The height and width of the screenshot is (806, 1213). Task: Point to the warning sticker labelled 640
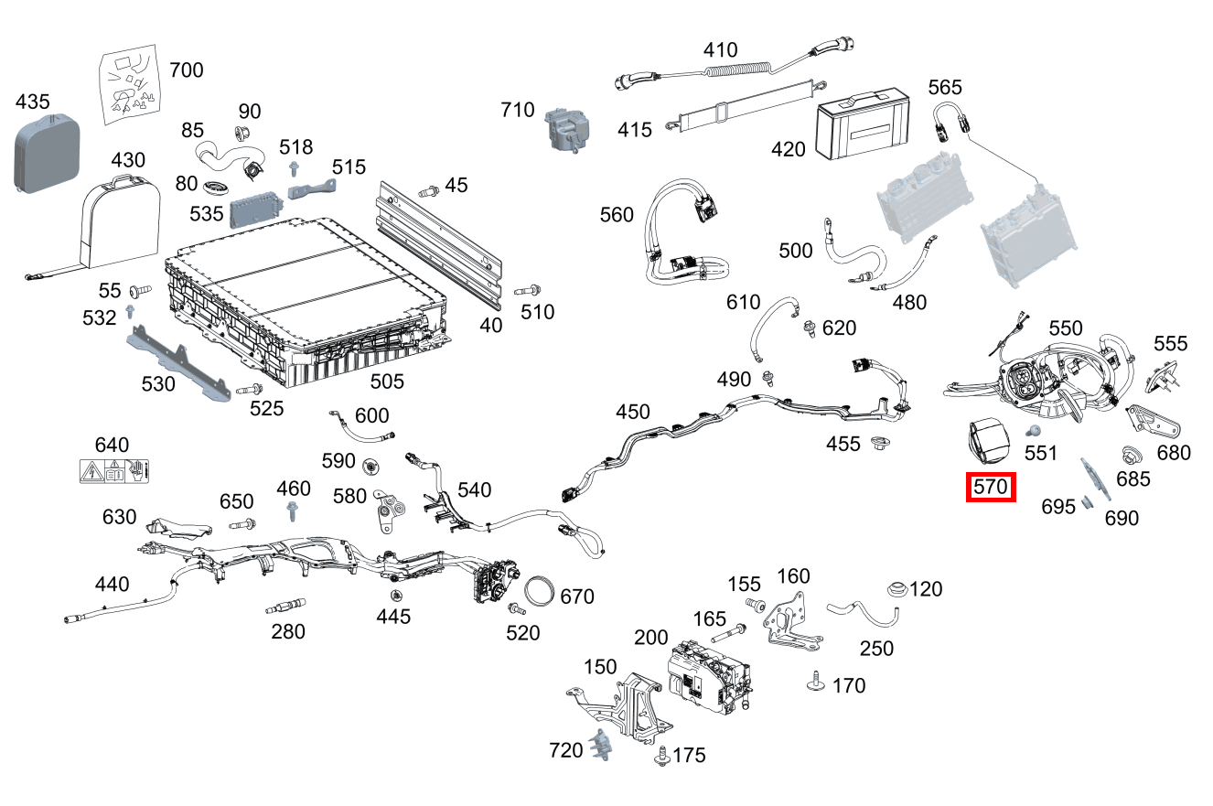point(114,472)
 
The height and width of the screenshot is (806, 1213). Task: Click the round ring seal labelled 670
point(542,591)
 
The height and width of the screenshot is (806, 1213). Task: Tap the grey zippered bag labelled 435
point(46,151)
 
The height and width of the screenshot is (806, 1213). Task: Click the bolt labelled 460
point(293,511)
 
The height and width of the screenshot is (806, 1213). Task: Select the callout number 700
point(187,70)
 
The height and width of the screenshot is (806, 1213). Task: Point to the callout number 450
point(632,413)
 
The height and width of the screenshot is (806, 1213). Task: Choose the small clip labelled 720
point(598,745)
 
